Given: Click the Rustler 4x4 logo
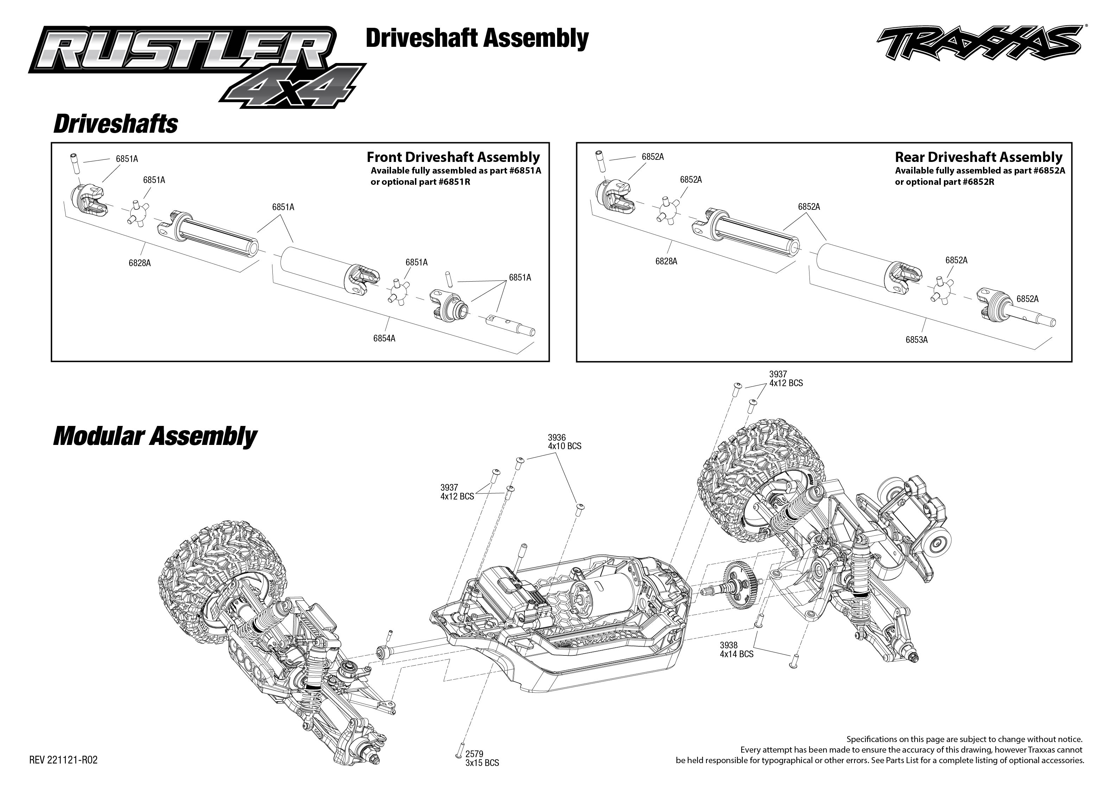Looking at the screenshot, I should pos(195,63).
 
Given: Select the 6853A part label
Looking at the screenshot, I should pos(916,340).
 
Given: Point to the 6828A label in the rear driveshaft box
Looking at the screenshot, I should pos(666,262).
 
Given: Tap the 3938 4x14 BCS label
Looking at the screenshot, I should pos(736,649).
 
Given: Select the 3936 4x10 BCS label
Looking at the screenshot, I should pos(564,442).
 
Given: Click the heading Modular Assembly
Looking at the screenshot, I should pos(155,436).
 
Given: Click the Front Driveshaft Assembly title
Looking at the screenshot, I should pos(453,157).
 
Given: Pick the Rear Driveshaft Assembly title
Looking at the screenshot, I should pos(978,157).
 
